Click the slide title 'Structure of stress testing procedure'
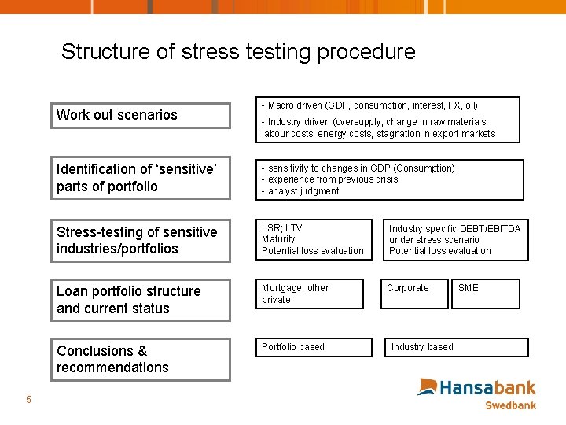click(x=238, y=52)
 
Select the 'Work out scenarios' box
click(x=141, y=115)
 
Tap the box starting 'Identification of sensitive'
click(x=141, y=178)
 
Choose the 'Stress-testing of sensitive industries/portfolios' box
click(x=141, y=240)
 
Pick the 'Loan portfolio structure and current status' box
click(x=141, y=300)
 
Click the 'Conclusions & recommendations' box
click(x=141, y=359)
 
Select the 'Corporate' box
click(x=416, y=294)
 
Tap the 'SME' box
click(x=485, y=294)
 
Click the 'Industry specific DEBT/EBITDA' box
click(x=456, y=239)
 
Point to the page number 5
click(x=28, y=400)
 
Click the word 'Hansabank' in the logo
click(x=487, y=387)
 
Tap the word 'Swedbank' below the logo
click(x=510, y=405)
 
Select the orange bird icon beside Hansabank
click(x=427, y=386)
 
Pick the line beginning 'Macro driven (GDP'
click(x=372, y=105)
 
